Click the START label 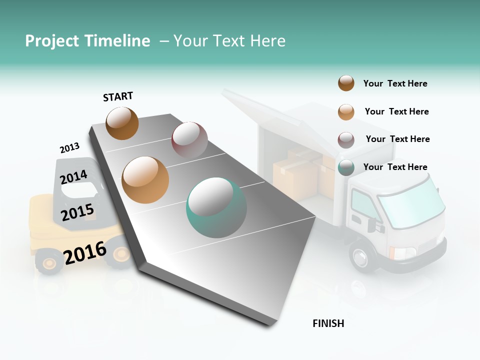click(118, 96)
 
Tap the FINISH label click(328, 323)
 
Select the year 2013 click(69, 148)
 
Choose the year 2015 click(77, 212)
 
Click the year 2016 click(85, 253)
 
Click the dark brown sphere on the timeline click(122, 123)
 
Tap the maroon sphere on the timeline click(189, 139)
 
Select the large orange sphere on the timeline click(145, 180)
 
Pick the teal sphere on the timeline click(216, 207)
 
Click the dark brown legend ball click(346, 83)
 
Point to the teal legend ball click(346, 167)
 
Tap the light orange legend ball click(346, 111)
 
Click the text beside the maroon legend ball click(397, 139)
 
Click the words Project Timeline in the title click(87, 41)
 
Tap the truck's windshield click(410, 200)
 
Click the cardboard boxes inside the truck click(295, 172)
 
